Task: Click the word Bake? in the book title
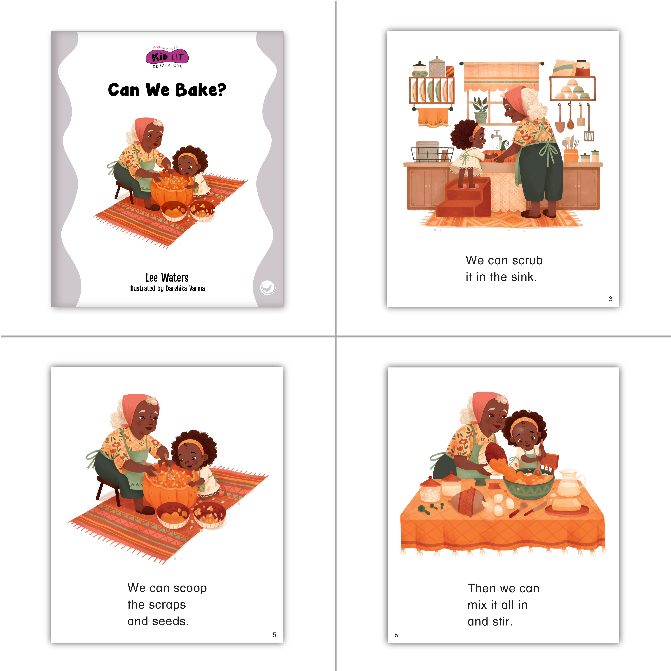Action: tap(201, 90)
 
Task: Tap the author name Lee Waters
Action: tap(167, 278)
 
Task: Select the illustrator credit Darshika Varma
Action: tap(185, 288)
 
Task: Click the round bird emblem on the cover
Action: tap(268, 288)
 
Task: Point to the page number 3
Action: tap(610, 299)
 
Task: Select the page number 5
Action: tap(274, 635)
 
